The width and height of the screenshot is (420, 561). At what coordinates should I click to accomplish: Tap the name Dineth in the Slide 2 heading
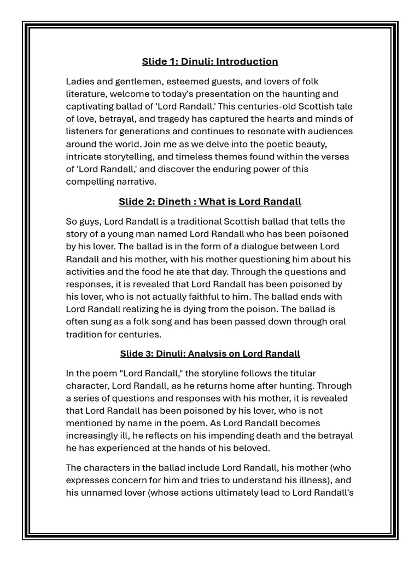coord(174,202)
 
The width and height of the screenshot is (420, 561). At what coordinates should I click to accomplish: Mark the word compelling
coord(89,181)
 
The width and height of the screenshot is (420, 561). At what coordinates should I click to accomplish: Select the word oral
coord(336,322)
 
